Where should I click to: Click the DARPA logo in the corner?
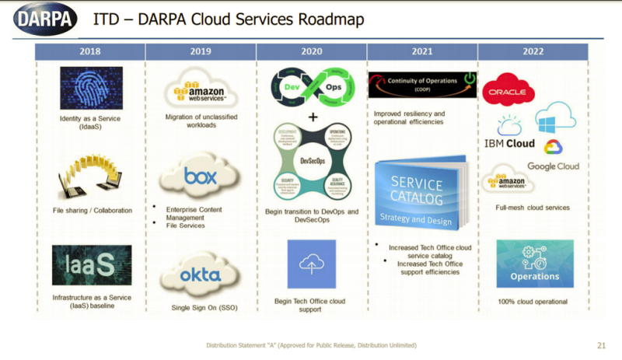(44, 17)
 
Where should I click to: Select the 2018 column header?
(89, 52)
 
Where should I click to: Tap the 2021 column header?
(422, 52)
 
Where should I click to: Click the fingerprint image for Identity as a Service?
(91, 88)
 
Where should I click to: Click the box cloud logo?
(201, 177)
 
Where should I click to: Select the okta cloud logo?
(201, 274)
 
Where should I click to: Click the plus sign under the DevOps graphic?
(312, 117)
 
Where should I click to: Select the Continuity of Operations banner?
(422, 85)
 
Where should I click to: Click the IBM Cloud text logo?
(509, 143)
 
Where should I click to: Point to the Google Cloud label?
(553, 166)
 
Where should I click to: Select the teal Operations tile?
(534, 264)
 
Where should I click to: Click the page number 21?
(601, 345)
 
